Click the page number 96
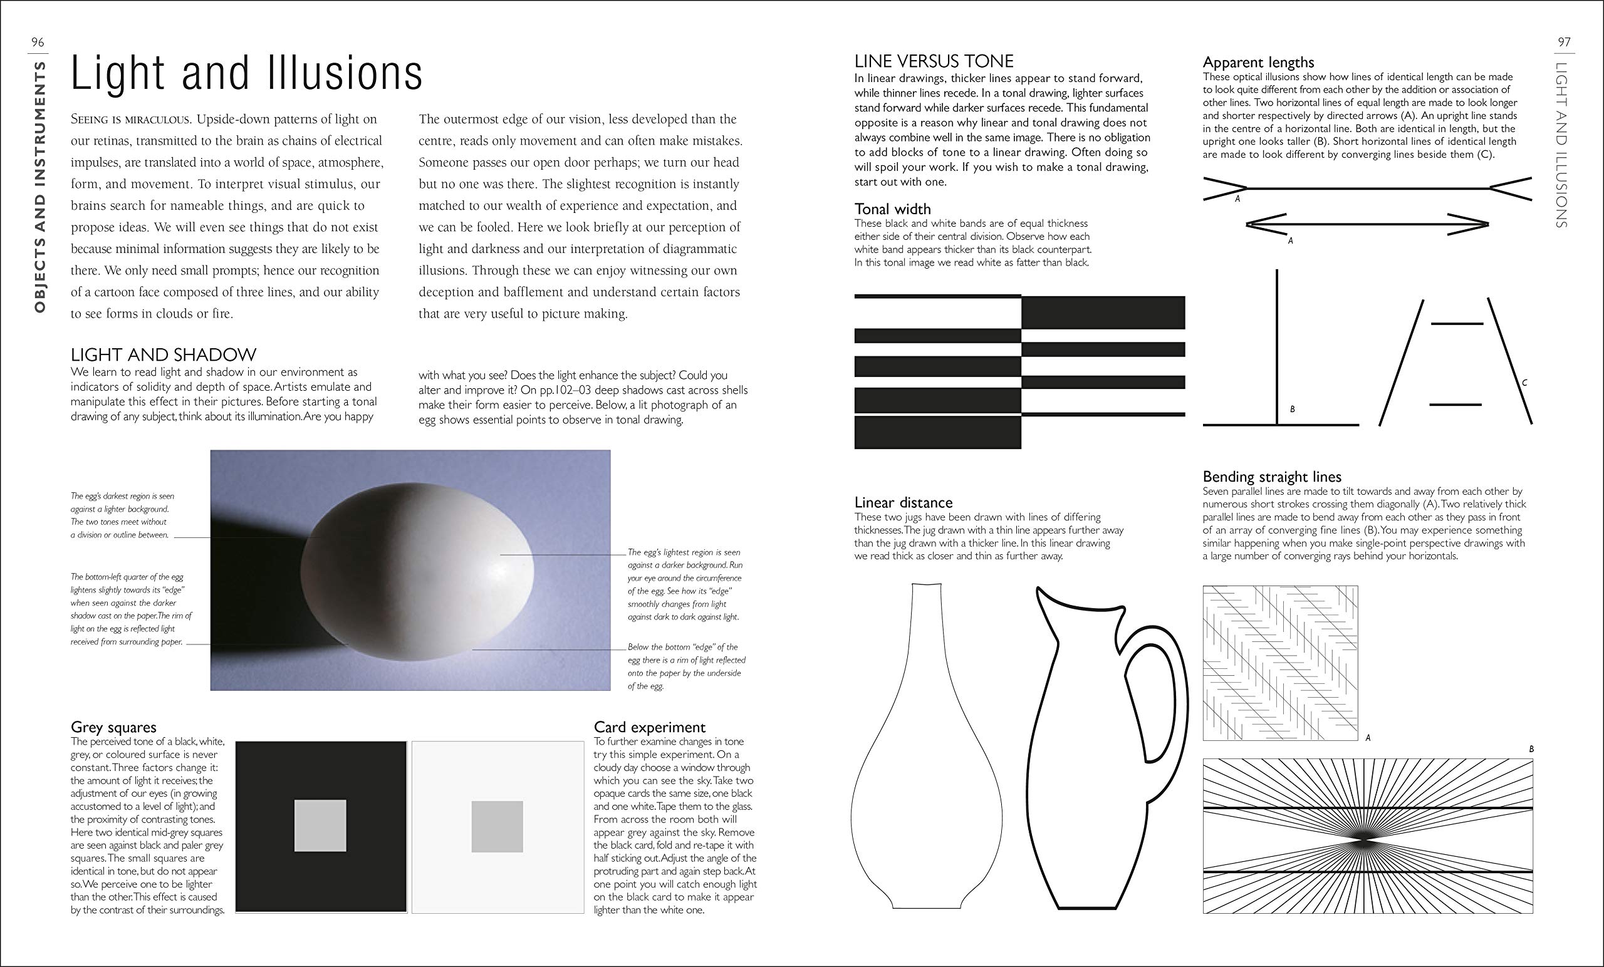[38, 43]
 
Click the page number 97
[1564, 43]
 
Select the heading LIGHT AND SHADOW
[164, 354]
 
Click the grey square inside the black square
[320, 827]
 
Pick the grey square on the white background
[497, 827]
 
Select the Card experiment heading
[649, 727]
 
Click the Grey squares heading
[113, 727]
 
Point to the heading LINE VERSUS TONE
[934, 61]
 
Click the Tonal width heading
[892, 209]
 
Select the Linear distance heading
[903, 502]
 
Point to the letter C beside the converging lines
[1524, 383]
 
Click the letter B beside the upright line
[1292, 410]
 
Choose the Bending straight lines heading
[1272, 477]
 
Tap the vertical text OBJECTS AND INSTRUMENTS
[39, 187]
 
